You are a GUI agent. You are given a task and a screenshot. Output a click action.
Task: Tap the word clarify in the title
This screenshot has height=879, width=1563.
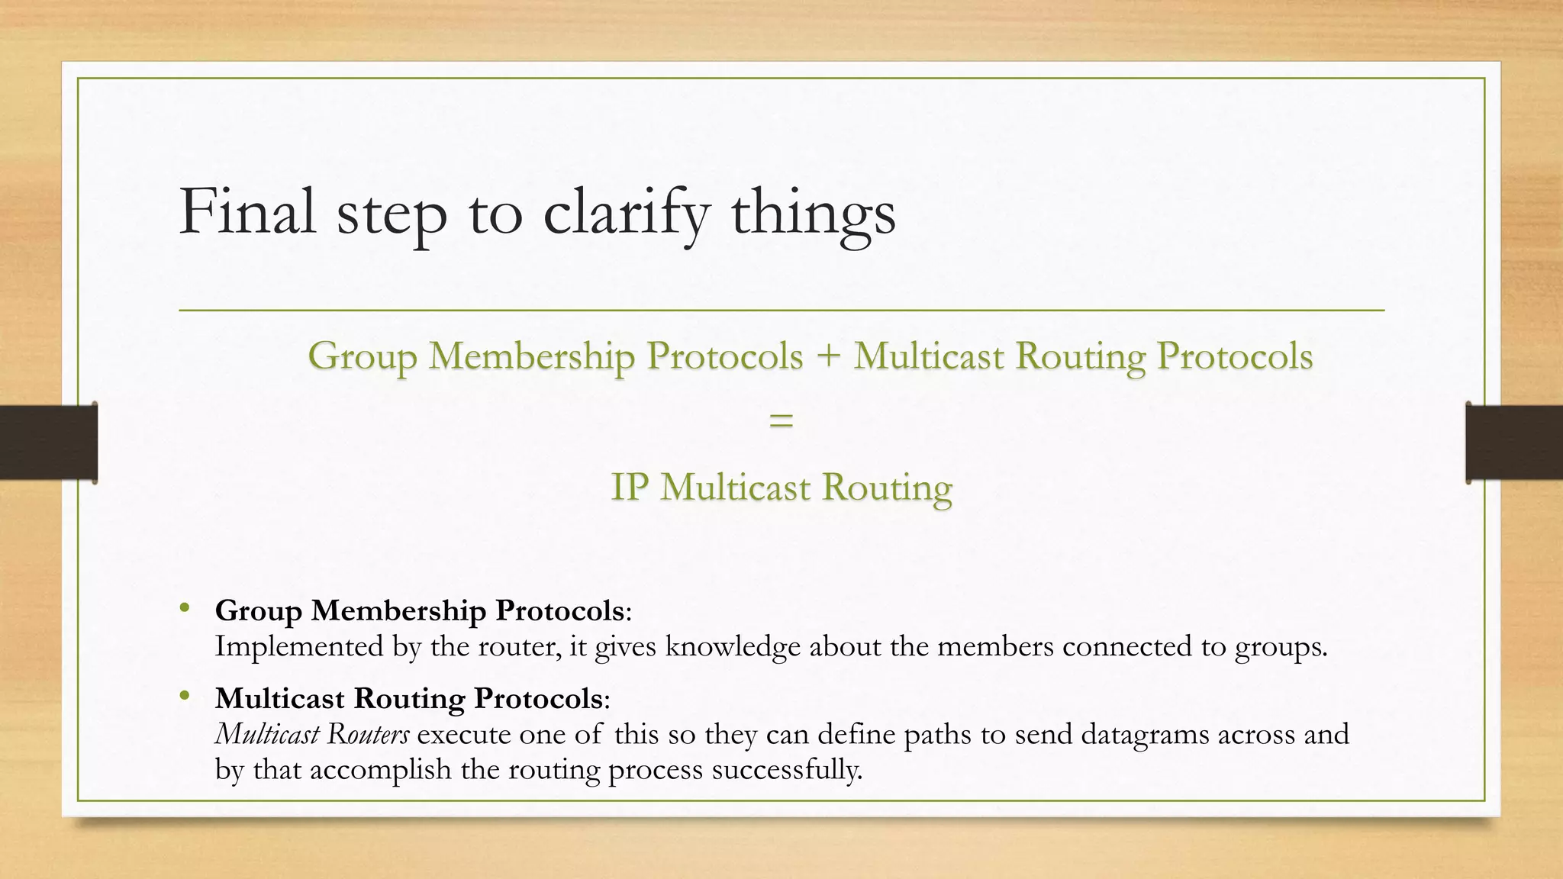(627, 213)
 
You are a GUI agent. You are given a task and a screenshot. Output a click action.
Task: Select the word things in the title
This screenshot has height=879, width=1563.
(814, 213)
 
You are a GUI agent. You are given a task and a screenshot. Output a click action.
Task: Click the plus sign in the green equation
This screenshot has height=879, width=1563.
(828, 356)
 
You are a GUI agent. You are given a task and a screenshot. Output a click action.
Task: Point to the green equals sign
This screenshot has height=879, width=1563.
(781, 420)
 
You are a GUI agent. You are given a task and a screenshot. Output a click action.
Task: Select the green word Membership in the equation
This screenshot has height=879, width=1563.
(531, 356)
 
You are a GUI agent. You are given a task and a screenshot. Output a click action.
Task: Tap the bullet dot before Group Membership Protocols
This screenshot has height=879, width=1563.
(184, 608)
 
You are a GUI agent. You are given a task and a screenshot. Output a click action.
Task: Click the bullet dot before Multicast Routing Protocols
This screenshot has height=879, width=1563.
(184, 695)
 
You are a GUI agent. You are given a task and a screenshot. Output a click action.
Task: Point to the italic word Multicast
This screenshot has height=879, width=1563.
(267, 734)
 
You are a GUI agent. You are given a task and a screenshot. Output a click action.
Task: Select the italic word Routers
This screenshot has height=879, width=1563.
(368, 734)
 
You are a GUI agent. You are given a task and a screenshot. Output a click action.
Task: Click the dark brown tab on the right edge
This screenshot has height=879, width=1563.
(1514, 443)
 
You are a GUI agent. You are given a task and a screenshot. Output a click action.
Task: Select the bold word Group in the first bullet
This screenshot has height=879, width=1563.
(259, 610)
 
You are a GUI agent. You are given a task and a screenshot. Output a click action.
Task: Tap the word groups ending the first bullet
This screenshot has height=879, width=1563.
(1281, 647)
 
